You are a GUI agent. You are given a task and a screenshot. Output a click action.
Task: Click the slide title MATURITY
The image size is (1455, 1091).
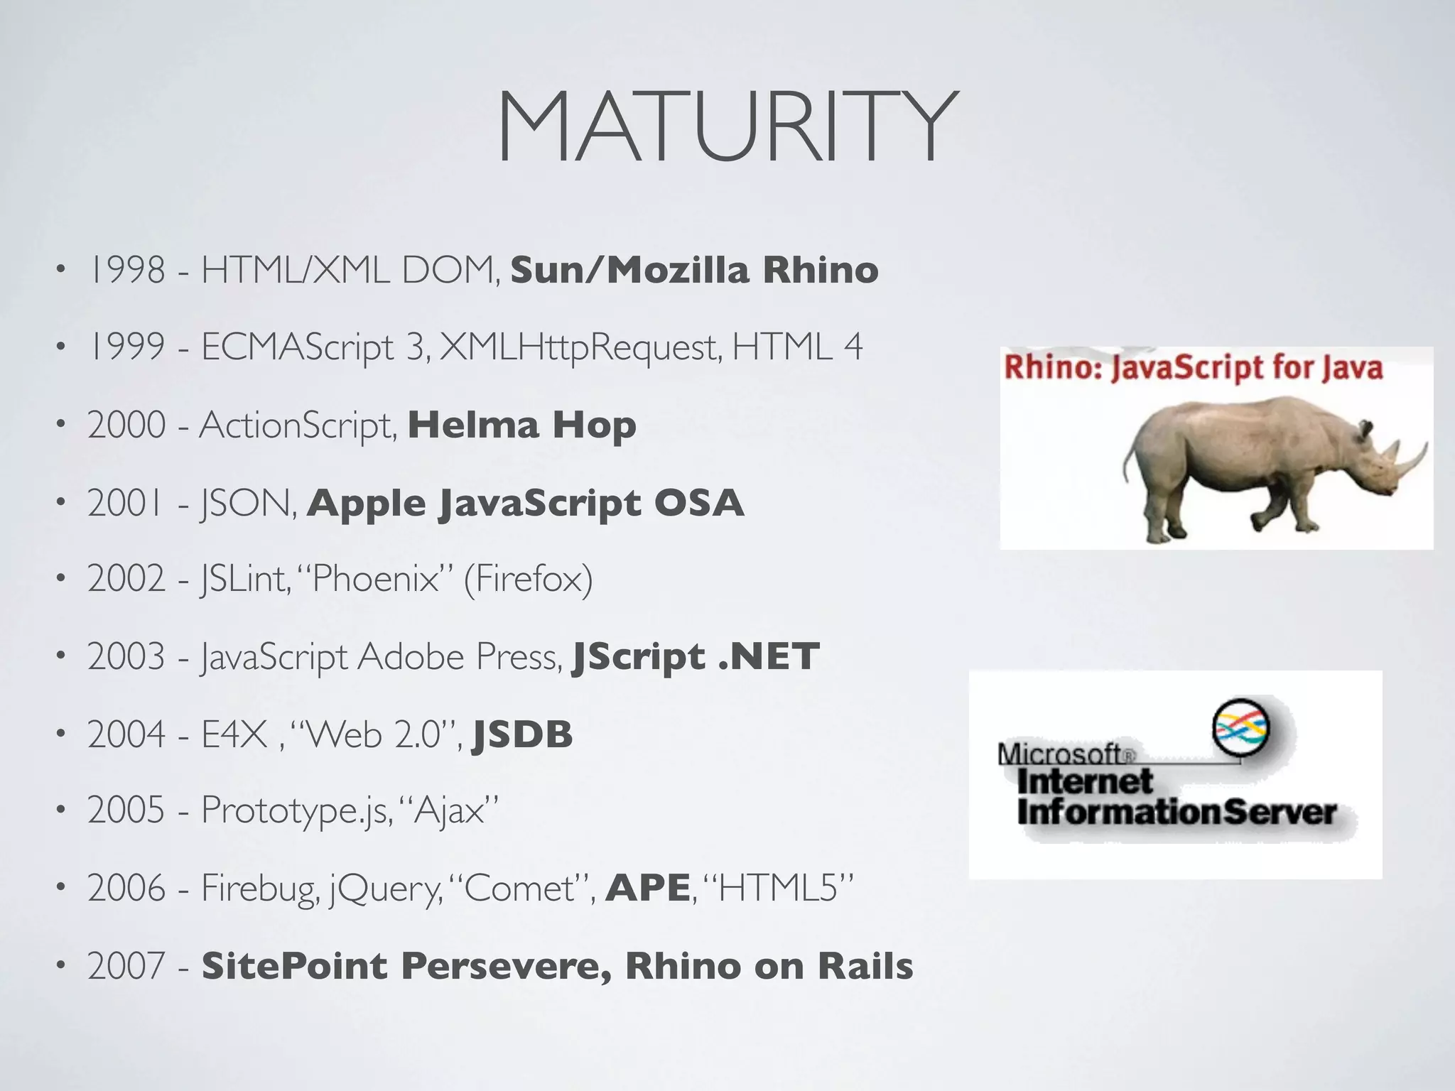727,128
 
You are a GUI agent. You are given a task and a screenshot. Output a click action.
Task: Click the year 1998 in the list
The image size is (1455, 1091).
126,271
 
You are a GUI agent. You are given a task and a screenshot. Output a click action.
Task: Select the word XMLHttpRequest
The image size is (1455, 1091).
580,348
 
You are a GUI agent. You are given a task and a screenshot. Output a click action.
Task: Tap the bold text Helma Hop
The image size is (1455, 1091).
521,425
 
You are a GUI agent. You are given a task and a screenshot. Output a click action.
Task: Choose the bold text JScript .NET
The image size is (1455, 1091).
696,657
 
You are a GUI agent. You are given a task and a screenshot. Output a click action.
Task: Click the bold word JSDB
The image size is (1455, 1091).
522,734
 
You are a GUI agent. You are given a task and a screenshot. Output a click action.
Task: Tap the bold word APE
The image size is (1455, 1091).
647,888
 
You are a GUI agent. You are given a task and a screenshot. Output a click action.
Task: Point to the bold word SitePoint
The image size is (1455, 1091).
295,967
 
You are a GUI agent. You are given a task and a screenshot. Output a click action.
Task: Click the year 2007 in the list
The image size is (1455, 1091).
126,967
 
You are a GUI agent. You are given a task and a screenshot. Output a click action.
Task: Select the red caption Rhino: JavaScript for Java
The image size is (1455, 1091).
1193,369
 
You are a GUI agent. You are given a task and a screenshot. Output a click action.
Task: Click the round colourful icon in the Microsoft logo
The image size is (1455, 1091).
1240,728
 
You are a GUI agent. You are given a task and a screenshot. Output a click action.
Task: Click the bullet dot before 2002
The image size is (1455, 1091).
62,580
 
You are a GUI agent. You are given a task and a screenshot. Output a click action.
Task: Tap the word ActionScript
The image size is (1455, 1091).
297,425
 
